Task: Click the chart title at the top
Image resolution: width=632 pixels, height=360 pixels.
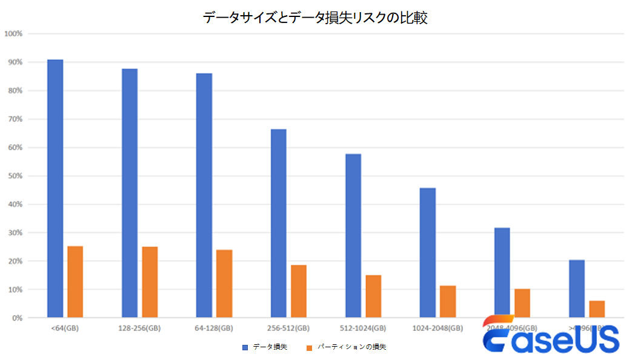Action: click(x=316, y=18)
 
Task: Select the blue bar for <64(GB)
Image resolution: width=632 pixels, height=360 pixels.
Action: click(x=55, y=188)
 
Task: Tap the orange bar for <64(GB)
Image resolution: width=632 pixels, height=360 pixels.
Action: click(x=75, y=281)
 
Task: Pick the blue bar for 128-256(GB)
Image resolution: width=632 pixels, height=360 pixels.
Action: click(x=130, y=193)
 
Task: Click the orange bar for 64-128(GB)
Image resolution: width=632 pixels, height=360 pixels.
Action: click(x=224, y=283)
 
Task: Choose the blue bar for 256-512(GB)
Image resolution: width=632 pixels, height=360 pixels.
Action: click(x=279, y=223)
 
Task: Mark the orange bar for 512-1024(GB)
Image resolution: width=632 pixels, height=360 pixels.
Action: click(x=373, y=296)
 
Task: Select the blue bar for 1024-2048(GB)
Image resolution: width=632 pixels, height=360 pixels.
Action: click(x=428, y=252)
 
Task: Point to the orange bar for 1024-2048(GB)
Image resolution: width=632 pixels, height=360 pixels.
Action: click(x=448, y=301)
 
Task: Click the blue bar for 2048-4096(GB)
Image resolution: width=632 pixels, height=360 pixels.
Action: click(x=502, y=272)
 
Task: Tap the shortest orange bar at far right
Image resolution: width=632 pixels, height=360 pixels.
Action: click(x=597, y=308)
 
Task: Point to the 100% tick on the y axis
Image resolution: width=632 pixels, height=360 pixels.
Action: click(x=13, y=33)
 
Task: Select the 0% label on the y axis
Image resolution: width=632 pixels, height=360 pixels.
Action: click(x=16, y=318)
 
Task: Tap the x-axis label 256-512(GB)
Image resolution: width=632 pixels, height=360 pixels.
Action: click(x=288, y=328)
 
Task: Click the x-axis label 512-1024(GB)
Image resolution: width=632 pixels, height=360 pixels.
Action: click(x=363, y=328)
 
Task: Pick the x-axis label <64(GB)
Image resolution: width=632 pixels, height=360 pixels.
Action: click(x=65, y=328)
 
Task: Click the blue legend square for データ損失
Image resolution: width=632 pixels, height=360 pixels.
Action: click(x=245, y=347)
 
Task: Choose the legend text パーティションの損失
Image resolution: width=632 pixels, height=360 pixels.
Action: click(x=351, y=347)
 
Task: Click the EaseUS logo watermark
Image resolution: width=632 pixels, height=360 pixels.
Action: click(x=551, y=335)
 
